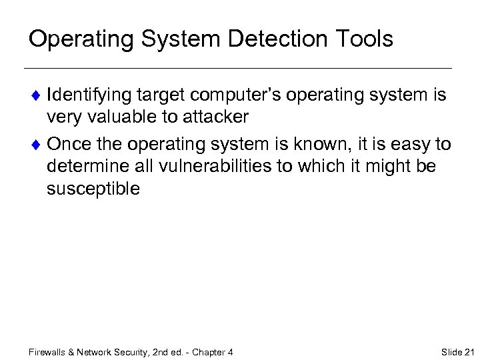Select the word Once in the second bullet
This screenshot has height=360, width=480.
(69, 143)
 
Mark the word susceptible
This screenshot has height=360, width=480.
(93, 189)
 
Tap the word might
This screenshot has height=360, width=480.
(376, 166)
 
